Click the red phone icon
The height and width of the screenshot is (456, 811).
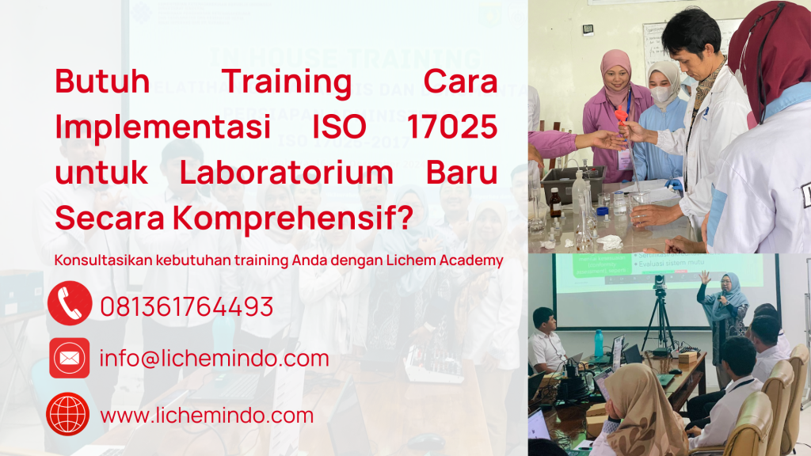pyautogui.click(x=69, y=304)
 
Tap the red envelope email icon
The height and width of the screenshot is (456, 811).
pyautogui.click(x=69, y=358)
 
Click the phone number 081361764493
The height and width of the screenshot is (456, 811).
pyautogui.click(x=187, y=306)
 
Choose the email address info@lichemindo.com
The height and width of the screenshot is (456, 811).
pyautogui.click(x=214, y=359)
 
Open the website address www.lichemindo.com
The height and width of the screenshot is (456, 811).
pyautogui.click(x=208, y=415)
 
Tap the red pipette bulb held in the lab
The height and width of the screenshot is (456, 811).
pyautogui.click(x=622, y=119)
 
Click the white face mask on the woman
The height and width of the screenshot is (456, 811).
pyautogui.click(x=661, y=93)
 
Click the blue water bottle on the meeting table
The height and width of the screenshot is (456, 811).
pyautogui.click(x=599, y=343)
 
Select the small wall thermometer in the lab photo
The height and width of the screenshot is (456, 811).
pyautogui.click(x=588, y=29)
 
